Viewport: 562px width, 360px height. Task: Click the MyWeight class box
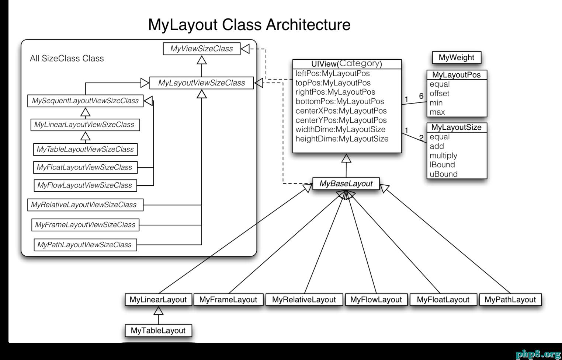pyautogui.click(x=457, y=57)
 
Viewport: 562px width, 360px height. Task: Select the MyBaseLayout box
pyautogui.click(x=346, y=184)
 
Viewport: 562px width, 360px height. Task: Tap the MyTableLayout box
pyautogui.click(x=158, y=331)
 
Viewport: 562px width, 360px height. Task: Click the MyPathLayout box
pyautogui.click(x=510, y=300)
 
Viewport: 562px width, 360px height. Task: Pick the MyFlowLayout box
pyautogui.click(x=376, y=300)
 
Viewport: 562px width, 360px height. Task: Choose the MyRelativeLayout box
pyautogui.click(x=304, y=300)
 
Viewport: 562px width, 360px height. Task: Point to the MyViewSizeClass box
pyautogui.click(x=202, y=49)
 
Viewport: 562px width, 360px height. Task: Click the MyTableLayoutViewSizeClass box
pyautogui.click(x=85, y=149)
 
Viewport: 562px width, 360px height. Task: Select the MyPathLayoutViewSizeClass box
pyautogui.click(x=85, y=245)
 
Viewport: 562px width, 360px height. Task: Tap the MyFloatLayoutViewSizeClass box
pyautogui.click(x=85, y=167)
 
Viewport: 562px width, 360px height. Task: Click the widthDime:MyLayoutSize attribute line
pyautogui.click(x=340, y=129)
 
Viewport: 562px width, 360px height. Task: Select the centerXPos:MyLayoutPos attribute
pyautogui.click(x=341, y=111)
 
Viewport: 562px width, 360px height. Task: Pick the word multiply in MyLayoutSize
pyautogui.click(x=443, y=155)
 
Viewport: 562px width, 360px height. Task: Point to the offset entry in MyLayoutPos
pyautogui.click(x=439, y=94)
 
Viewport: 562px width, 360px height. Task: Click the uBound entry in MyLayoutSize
pyautogui.click(x=443, y=174)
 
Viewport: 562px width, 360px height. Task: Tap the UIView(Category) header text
pyautogui.click(x=347, y=64)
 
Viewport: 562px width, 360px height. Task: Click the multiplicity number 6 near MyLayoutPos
pyautogui.click(x=421, y=97)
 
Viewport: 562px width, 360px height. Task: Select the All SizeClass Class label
pyautogui.click(x=67, y=59)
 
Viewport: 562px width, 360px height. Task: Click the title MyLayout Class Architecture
pyautogui.click(x=249, y=25)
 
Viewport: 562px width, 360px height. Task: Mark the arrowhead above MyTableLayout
pyautogui.click(x=159, y=311)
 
